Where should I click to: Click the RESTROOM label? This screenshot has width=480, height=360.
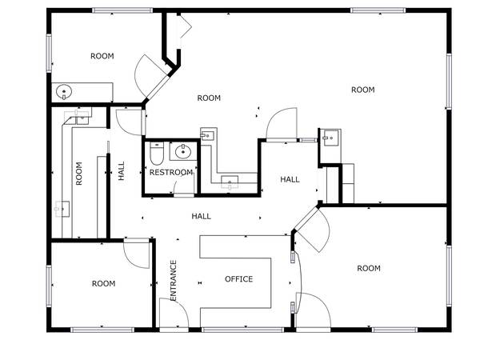coord(171,172)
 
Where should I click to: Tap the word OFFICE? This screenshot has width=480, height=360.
coord(238,279)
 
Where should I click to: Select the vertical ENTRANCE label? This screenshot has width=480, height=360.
coord(174,281)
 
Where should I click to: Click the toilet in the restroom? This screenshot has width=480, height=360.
coord(157,153)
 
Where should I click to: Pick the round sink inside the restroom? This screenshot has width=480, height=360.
coord(183,151)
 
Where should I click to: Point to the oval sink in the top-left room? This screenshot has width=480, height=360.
coord(64,91)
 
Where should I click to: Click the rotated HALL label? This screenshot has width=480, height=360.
coord(122,171)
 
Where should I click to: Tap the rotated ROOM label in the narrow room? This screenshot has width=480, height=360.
coord(79,174)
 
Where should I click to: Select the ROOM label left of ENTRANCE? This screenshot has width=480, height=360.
coord(104,283)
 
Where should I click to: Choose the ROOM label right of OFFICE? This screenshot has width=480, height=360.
coord(369,269)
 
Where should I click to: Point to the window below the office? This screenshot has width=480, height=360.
coord(243,330)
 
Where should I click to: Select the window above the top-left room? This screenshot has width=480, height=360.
coord(122,10)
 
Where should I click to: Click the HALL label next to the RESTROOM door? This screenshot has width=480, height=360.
coord(201,217)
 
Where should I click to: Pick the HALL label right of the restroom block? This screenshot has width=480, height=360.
coord(290,179)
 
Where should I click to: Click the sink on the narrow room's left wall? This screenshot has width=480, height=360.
coord(62,209)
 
